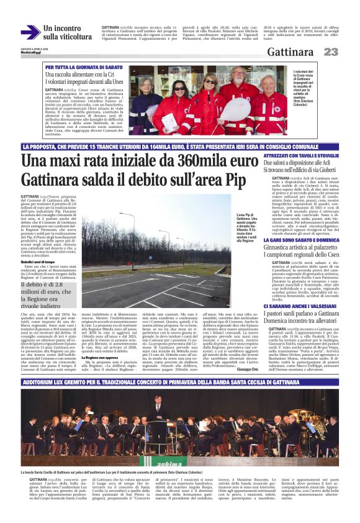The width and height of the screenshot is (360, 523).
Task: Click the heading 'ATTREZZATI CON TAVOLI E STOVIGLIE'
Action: click(301, 155)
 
